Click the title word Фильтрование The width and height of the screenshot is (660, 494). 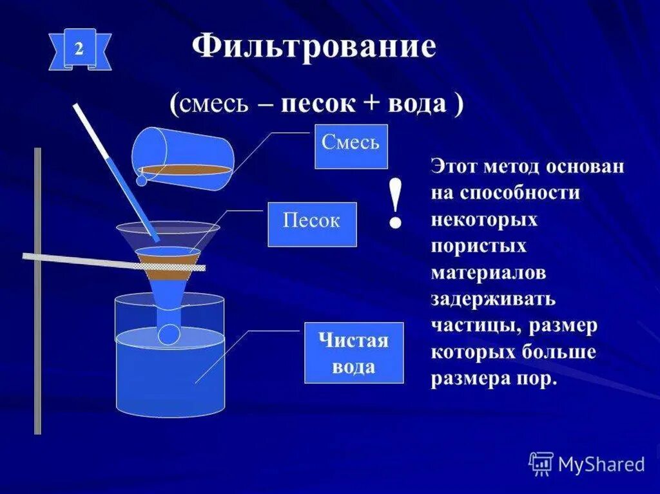click(314, 47)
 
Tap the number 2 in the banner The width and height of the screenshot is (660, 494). click(79, 50)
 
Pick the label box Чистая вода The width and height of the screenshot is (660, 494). click(353, 353)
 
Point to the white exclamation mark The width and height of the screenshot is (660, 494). click(396, 205)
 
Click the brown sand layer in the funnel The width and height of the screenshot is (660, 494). click(168, 263)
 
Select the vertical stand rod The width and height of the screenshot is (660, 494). click(37, 290)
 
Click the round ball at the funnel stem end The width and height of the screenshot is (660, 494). click(170, 334)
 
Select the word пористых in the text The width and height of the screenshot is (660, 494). click(479, 246)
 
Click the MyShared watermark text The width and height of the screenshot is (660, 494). click(601, 464)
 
